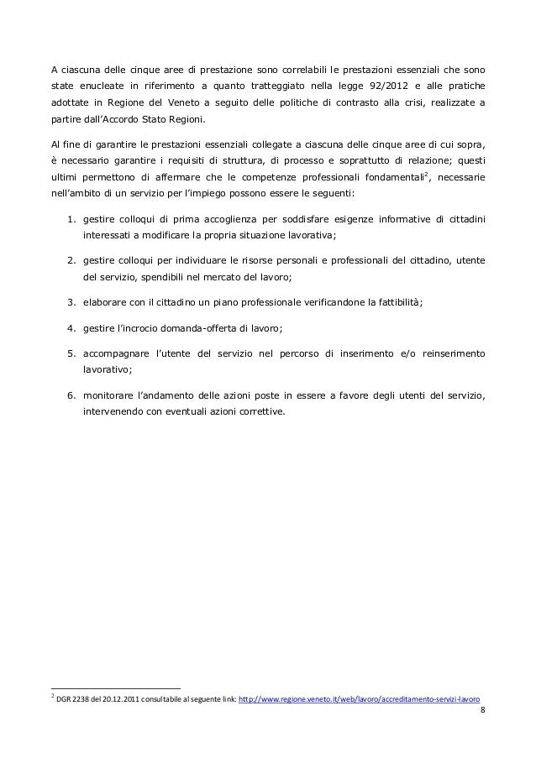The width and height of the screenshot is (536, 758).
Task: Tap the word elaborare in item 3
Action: coord(107,302)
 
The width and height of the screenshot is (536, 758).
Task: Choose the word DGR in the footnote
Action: coord(63,698)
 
